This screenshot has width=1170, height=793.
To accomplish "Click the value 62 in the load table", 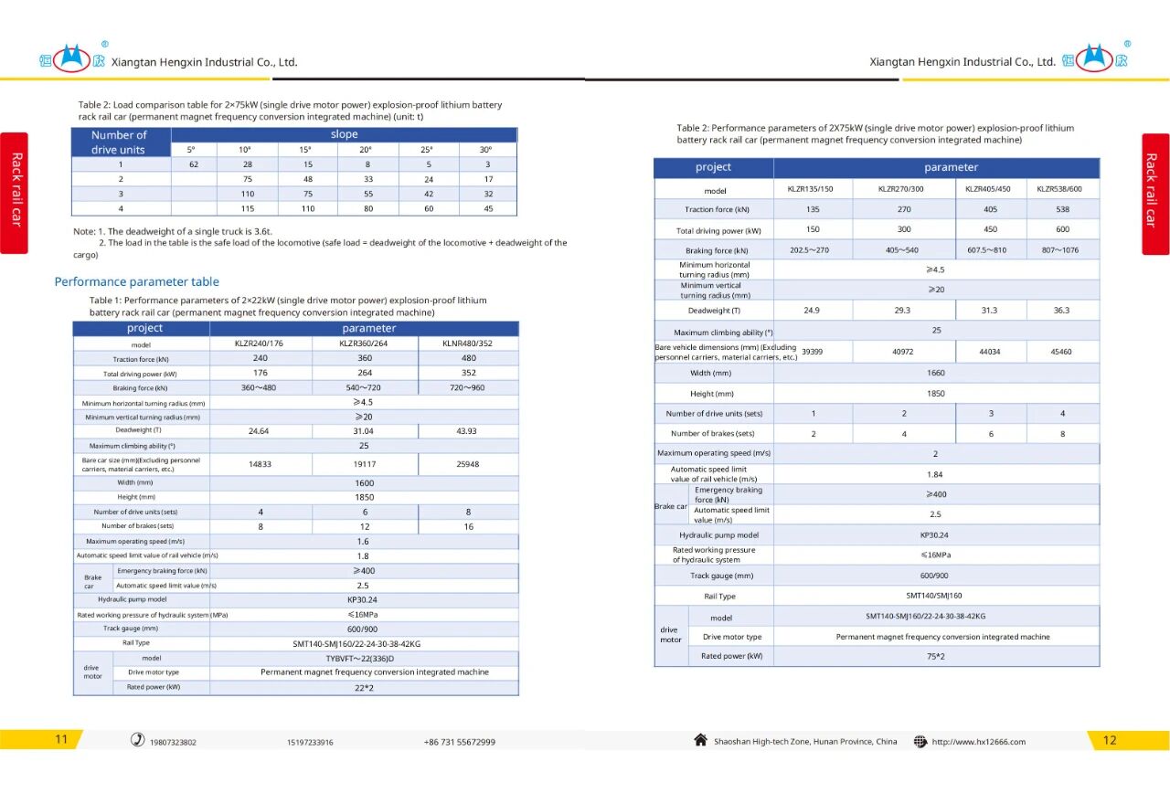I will (194, 164).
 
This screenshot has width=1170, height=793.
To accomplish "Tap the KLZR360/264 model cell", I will (365, 344).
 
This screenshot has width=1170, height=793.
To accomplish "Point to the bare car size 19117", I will (364, 464).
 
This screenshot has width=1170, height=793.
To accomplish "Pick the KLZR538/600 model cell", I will (1059, 190).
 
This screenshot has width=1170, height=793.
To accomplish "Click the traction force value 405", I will (989, 209).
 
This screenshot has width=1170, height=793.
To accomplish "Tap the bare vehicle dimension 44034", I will (990, 352).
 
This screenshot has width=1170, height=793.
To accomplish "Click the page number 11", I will (61, 740).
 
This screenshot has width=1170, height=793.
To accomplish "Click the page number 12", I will (1110, 740).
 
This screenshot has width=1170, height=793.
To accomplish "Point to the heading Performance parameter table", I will (136, 281).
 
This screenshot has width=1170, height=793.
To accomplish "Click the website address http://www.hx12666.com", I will (978, 742).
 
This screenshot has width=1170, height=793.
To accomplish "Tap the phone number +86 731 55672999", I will (459, 742).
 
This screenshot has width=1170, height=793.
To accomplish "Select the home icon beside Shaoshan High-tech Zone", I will (701, 740).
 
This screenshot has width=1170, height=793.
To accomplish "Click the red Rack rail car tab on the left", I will (15, 193).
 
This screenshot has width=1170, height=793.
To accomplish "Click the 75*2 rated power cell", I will (935, 656).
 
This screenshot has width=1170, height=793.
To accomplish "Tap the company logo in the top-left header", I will (71, 60).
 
